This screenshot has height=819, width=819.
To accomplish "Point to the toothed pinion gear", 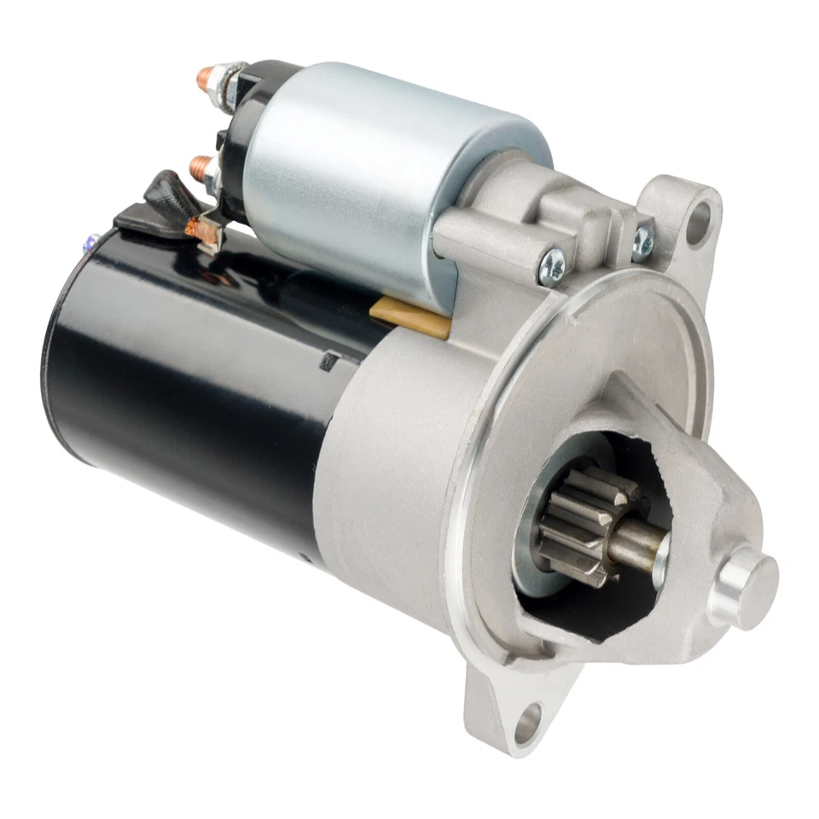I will (580, 520).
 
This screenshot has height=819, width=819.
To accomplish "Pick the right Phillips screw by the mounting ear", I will (642, 242).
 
